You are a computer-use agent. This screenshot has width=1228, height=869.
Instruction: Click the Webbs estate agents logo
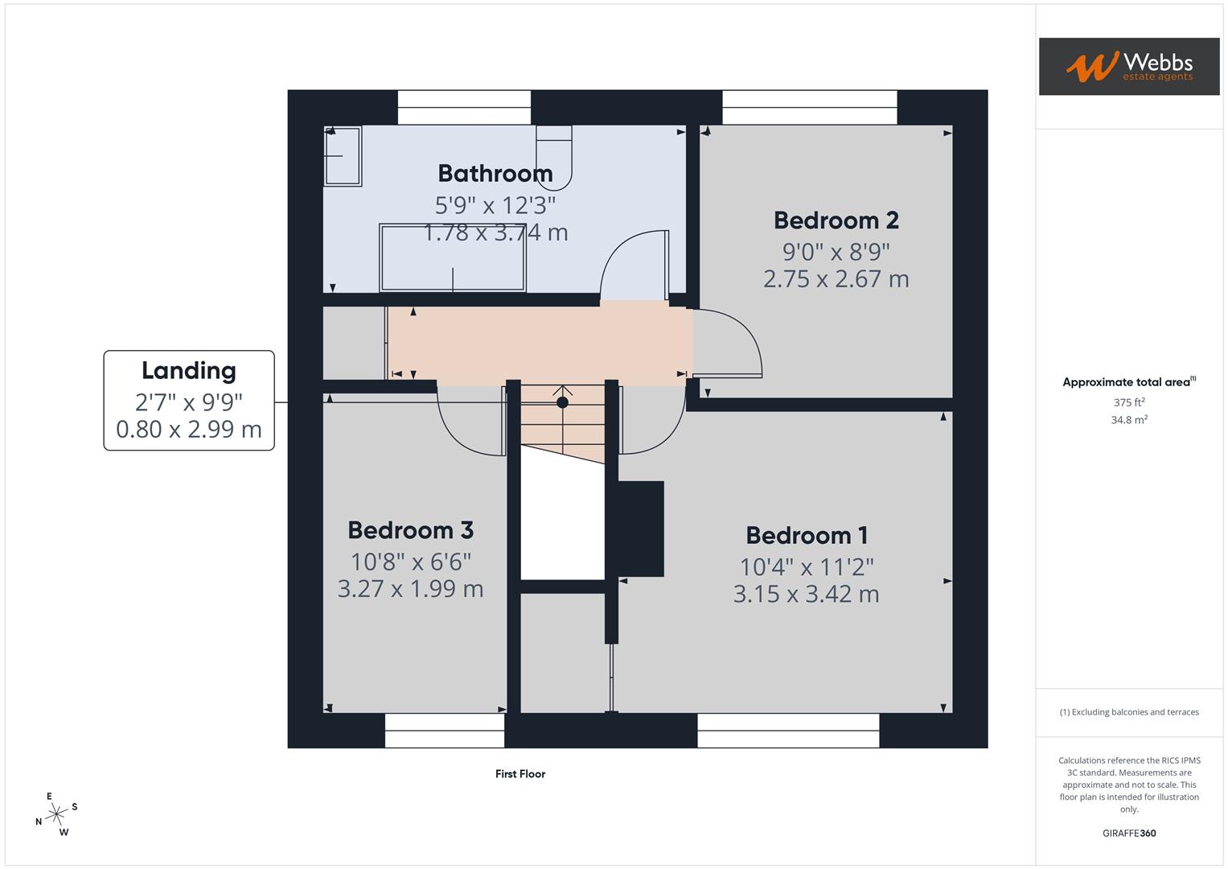coord(1128,66)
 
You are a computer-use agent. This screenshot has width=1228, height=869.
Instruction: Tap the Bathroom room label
coord(495,173)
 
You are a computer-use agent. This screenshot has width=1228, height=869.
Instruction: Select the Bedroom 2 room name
coord(836,220)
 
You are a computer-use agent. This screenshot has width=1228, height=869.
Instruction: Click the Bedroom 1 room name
coord(806,535)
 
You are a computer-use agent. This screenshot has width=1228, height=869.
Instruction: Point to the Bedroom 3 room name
coord(410,530)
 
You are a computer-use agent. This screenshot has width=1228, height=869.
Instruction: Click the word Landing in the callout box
coord(189,370)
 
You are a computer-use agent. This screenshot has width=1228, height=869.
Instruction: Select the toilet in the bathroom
coord(553,154)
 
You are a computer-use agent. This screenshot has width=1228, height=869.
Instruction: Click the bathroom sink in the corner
coord(342,156)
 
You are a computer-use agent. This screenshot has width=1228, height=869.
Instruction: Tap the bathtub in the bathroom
coord(453,258)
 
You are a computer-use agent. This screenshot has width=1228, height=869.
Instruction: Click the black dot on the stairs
coord(562,402)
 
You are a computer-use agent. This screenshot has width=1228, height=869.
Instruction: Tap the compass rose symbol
coord(56,814)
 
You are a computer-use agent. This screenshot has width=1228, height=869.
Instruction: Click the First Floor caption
coord(520,774)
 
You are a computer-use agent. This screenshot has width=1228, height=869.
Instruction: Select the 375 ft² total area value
coord(1129,402)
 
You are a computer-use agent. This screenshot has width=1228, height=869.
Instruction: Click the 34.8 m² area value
coord(1129,420)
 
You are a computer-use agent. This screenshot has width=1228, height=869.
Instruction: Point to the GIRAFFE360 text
coord(1129,833)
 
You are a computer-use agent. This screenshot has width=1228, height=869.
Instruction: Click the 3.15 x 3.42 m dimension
coord(806,595)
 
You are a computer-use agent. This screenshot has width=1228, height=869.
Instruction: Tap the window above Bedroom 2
coord(809,107)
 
